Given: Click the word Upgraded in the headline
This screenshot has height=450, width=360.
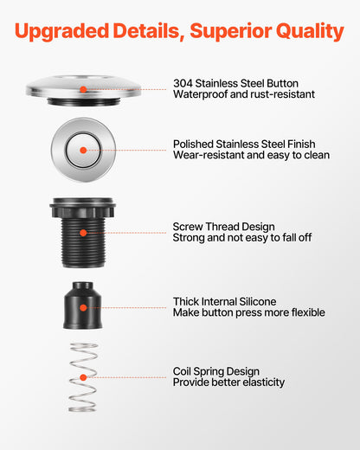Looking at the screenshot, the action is pos(61,31).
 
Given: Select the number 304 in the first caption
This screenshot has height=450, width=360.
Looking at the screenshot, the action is pos(183,83).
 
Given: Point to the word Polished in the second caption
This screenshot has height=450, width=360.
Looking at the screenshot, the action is pos(193,144).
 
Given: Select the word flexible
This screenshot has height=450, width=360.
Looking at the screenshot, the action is pos(308,312).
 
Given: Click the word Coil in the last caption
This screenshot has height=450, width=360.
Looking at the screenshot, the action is pos(182,371).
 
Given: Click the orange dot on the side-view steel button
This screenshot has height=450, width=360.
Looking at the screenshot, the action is pos(83,89).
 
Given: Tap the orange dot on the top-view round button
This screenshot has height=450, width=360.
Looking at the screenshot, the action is pos(83,150).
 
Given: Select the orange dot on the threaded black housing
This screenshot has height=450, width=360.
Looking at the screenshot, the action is pos(83,233).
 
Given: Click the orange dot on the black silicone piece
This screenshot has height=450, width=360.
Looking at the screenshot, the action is pos(83,308).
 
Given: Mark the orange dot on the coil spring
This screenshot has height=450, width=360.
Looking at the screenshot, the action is pos(83,377).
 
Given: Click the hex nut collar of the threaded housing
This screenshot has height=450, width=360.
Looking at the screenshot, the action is pos(83,210).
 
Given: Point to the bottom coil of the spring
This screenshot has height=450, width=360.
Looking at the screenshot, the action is pos(82,409).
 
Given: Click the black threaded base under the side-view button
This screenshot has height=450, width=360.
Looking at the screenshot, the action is pos(83,101).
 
